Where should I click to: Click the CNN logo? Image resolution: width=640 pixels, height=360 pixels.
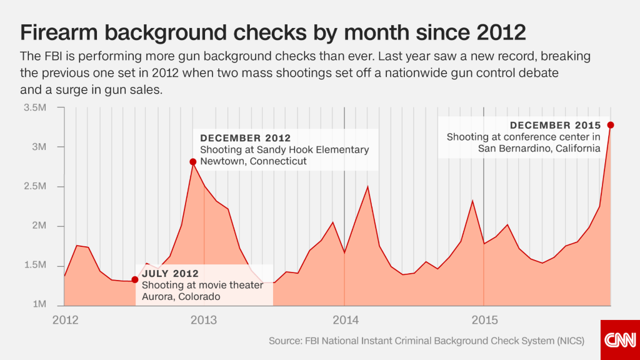pos(620,340)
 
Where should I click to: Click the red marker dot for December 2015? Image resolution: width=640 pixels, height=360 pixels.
pos(611,125)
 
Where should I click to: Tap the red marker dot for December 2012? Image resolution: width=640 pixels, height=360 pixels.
pos(193,162)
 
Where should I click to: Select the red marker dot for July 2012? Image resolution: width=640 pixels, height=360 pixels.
pos(135,279)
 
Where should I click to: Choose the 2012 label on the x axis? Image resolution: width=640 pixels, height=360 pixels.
pos(65,320)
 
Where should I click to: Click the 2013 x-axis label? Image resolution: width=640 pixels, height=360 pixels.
pos(204,320)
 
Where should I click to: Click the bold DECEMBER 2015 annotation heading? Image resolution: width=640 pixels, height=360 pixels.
pos(555,126)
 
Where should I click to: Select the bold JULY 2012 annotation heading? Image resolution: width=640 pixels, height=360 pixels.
pos(170,274)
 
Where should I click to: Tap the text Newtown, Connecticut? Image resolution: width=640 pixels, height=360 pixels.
pos(253,161)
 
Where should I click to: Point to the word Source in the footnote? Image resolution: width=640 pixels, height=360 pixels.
pos(285,341)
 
